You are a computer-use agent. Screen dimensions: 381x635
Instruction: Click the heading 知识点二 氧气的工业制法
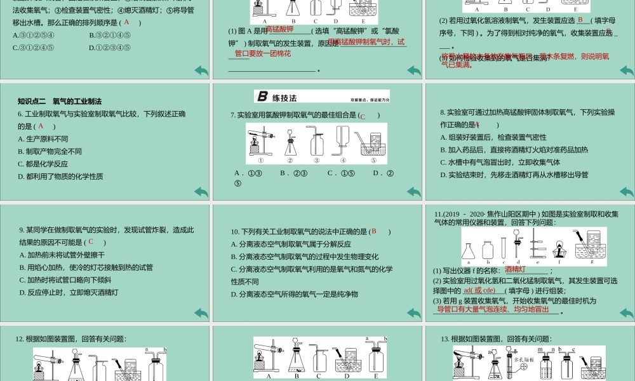60,101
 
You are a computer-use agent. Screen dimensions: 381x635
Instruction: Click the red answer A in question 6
41,126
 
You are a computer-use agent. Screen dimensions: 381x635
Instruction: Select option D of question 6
60,176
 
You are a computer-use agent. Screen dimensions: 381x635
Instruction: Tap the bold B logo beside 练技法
262,97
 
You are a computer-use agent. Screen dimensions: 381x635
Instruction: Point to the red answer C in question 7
363,116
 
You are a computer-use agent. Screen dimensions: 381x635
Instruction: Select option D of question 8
514,175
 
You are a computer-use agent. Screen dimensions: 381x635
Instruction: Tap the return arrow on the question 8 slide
626,192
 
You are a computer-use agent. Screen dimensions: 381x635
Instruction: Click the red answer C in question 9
91,241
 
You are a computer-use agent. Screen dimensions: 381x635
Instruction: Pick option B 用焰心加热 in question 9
86,267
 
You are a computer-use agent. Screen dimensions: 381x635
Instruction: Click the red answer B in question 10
375,231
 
